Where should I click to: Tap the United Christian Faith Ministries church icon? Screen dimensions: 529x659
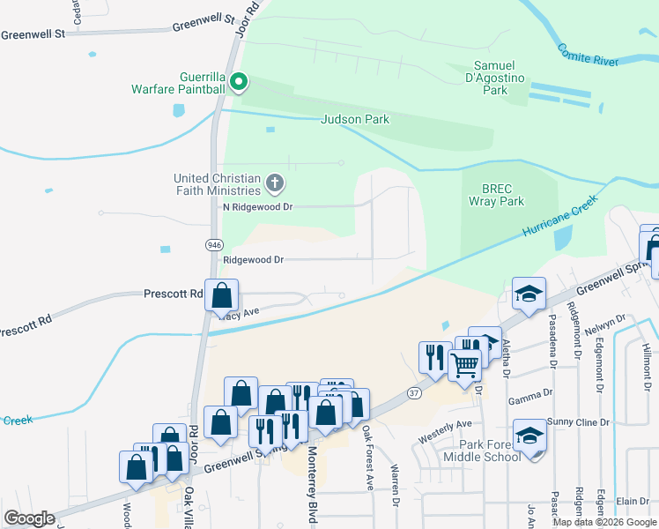(275, 183)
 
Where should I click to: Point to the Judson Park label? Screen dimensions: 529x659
(355, 119)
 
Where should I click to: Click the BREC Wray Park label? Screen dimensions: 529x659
(503, 195)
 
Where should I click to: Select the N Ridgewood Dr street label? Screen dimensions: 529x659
(258, 206)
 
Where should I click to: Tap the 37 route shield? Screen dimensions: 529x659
(414, 392)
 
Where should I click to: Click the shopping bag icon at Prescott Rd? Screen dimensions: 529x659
(222, 294)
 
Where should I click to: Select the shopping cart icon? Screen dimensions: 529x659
(464, 361)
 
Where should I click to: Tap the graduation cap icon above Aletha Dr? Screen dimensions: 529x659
(529, 294)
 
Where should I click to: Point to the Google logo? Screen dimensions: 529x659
(29, 518)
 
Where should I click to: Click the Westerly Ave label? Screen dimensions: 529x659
(445, 425)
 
